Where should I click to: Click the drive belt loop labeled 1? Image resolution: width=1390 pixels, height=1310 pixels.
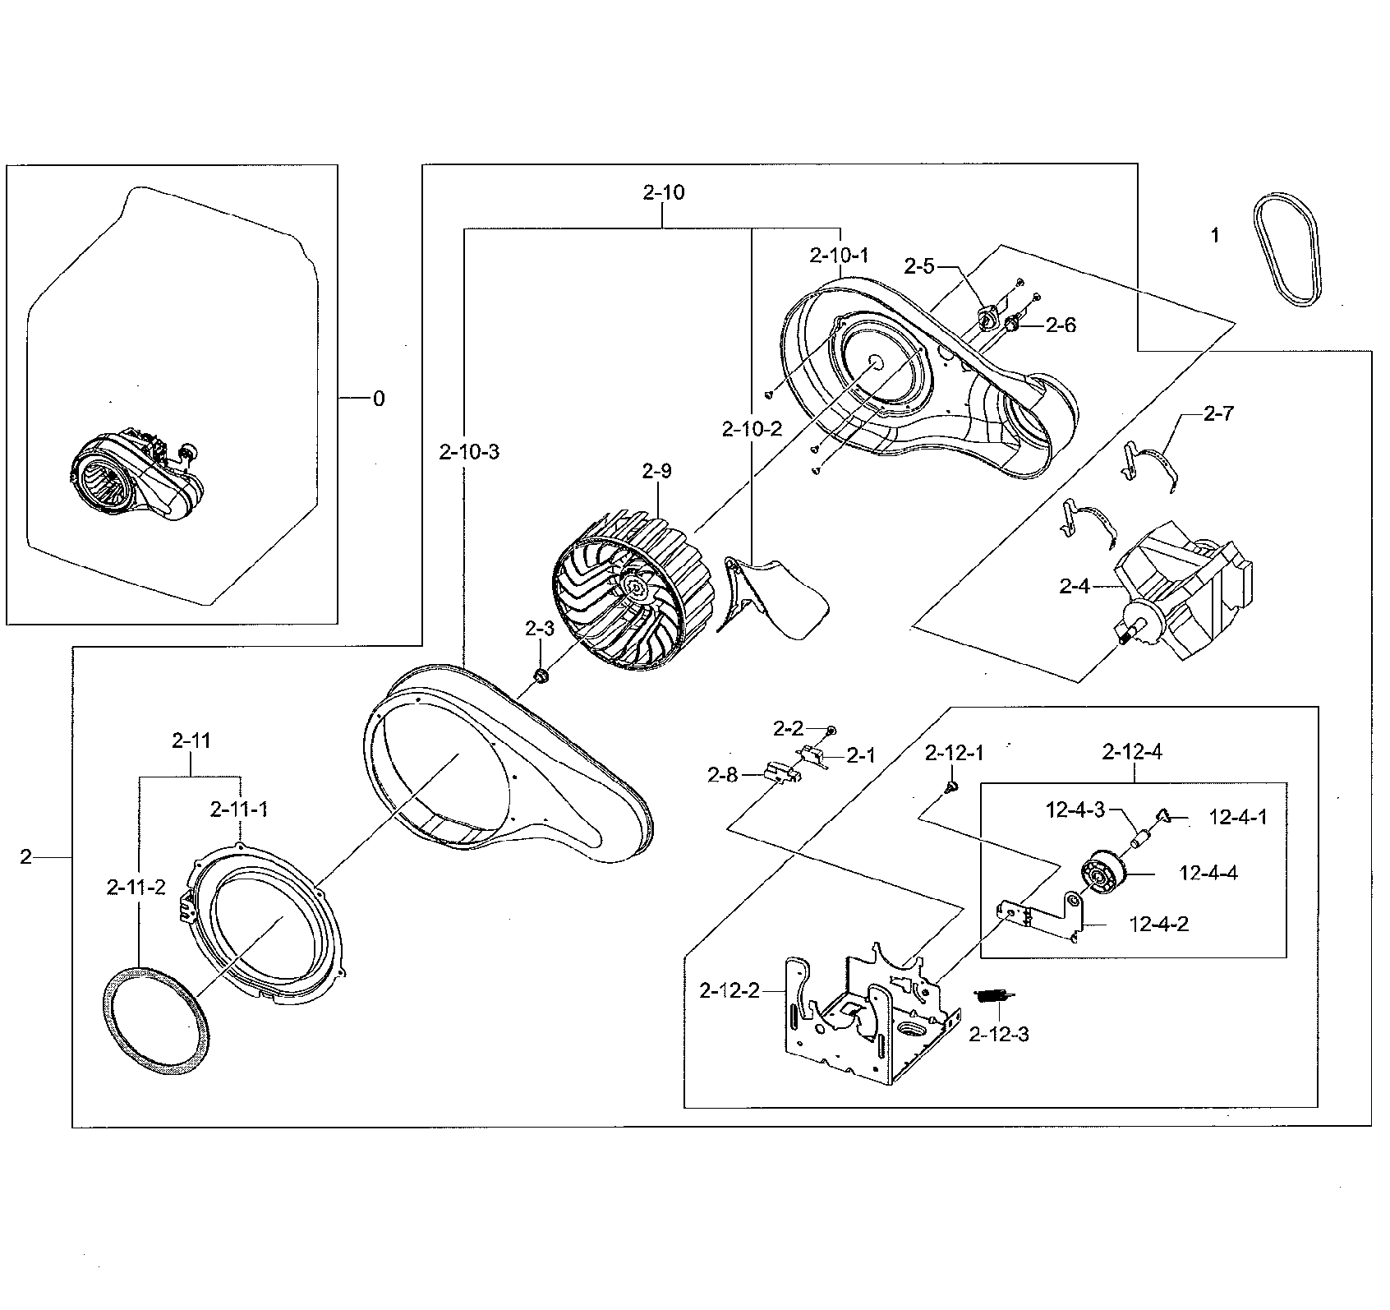[x=1287, y=251]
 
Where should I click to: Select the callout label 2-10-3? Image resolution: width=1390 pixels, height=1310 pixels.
[x=469, y=452]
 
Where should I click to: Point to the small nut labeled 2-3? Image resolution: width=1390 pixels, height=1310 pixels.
[x=541, y=676]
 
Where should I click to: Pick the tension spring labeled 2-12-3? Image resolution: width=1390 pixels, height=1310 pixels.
[x=994, y=995]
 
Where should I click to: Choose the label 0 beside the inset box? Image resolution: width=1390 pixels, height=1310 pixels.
[x=378, y=399]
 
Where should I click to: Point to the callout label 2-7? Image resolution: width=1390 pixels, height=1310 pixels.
[x=1217, y=414]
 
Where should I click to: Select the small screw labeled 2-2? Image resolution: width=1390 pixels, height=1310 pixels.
[x=831, y=730]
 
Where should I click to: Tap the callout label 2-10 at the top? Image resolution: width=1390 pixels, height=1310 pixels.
[x=663, y=192]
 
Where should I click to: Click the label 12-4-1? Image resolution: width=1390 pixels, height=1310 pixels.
[x=1238, y=817]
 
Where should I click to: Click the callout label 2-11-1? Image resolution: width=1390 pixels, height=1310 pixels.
[x=238, y=810]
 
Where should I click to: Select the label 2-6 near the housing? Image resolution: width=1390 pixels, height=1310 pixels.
[x=1060, y=325]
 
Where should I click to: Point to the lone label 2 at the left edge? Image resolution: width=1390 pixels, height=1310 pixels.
[x=26, y=857]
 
